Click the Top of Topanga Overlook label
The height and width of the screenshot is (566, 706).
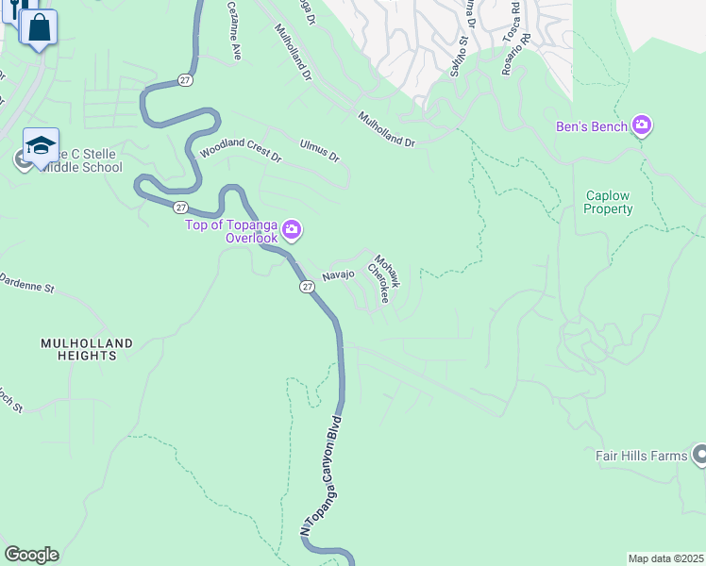pos(231,230)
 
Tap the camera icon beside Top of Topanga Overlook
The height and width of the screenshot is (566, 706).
pos(292,229)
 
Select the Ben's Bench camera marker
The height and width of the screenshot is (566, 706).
pos(642,125)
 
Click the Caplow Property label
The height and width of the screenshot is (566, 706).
pos(607,203)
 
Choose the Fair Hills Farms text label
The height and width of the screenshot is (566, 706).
pos(641,456)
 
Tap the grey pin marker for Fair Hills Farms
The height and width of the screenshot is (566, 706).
pos(699,456)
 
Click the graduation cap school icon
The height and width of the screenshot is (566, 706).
pos(41,146)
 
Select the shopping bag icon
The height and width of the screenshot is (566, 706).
pos(39,28)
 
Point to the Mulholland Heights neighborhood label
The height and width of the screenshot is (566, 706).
pos(87,349)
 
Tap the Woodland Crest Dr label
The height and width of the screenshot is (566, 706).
pos(240,153)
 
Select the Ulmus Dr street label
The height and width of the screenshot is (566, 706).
pos(319,150)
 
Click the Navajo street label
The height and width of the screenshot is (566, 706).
pos(337,275)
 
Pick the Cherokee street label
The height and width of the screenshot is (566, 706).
pos(378,282)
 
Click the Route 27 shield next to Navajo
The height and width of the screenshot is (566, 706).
pos(307,286)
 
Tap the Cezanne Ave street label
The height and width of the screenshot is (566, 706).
pos(235,18)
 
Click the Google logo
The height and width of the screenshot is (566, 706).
pos(30,555)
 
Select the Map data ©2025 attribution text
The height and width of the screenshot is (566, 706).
pos(665,558)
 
